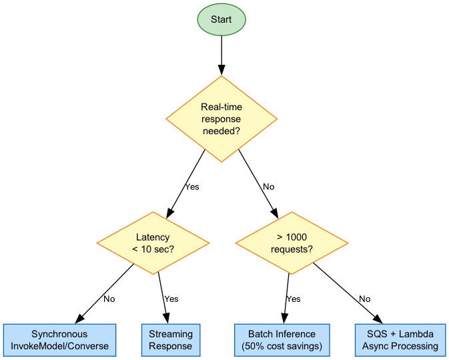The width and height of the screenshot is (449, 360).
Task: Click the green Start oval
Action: pyautogui.click(x=221, y=19)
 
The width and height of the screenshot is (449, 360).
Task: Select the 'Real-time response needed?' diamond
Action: pyautogui.click(x=221, y=119)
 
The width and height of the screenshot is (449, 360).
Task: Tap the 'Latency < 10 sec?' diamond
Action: pyautogui.click(x=153, y=243)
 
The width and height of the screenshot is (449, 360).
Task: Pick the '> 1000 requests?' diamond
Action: pyautogui.click(x=292, y=243)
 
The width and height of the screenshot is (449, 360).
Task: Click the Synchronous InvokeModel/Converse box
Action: pyautogui.click(x=59, y=340)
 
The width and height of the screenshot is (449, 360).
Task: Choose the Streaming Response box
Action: pyautogui.click(x=171, y=340)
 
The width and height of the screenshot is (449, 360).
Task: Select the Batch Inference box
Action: pyautogui.click(x=282, y=340)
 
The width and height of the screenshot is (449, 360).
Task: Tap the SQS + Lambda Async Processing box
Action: pyautogui.click(x=400, y=340)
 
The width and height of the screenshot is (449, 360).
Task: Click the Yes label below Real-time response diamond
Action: pyautogui.click(x=191, y=187)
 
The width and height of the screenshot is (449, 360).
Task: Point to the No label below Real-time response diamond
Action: pyautogui.click(x=268, y=187)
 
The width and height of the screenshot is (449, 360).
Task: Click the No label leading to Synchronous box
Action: pyautogui.click(x=109, y=299)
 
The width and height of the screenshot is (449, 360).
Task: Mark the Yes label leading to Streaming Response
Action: pyautogui.click(x=171, y=299)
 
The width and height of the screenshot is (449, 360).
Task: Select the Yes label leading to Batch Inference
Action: pyautogui.click(x=293, y=299)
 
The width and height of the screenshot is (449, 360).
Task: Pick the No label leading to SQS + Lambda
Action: pyautogui.click(x=364, y=299)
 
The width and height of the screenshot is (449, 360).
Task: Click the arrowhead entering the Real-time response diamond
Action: pyautogui.click(x=221, y=69)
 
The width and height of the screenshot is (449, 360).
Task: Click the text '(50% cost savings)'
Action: pyautogui.click(x=282, y=346)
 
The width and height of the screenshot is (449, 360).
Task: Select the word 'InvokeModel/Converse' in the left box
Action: pyautogui.click(x=59, y=346)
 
